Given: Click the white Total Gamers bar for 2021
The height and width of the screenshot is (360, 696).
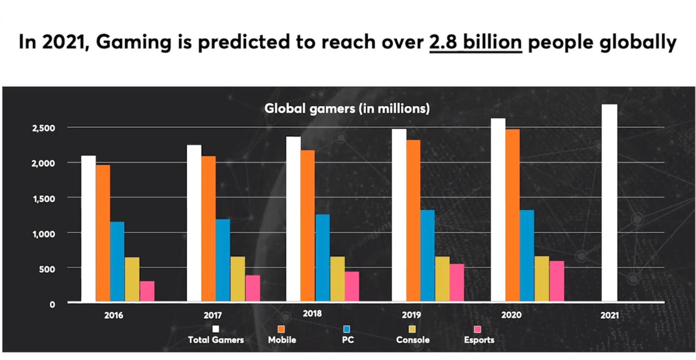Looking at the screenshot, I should click(609, 203).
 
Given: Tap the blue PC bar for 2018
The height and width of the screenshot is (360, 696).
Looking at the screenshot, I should click(322, 258).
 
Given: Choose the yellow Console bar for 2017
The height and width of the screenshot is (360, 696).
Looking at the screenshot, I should click(238, 279).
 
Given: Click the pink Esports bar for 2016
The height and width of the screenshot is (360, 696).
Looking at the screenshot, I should click(147, 292).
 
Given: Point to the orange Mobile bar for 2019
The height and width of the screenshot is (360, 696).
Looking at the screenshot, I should click(413, 220).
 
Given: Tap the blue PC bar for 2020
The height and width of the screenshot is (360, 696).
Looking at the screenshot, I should click(527, 256).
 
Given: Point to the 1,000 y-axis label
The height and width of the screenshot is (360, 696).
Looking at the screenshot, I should click(44, 233).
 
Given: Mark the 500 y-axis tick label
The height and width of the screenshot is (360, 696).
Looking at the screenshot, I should click(49, 268).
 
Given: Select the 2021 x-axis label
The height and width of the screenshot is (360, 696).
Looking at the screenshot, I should click(610, 316).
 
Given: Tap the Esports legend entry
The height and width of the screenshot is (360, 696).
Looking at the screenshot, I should click(479, 340).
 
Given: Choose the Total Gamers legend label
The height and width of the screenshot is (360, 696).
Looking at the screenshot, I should click(216, 340).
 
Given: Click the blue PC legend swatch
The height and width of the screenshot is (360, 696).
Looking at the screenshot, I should click(346, 329).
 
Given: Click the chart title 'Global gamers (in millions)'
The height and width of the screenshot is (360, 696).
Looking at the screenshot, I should click(347, 108).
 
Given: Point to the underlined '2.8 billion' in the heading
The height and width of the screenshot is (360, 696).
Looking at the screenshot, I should click(476, 43).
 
